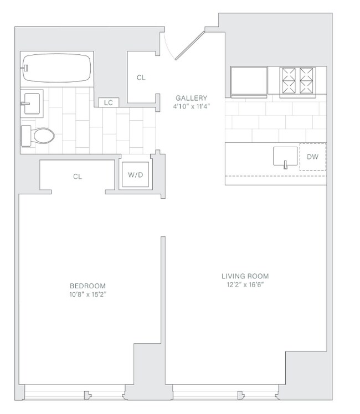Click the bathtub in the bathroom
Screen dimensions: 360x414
click(57, 69)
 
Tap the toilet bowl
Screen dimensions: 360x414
click(44, 136)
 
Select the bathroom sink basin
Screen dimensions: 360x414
click(32, 103)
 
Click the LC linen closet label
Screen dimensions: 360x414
click(109, 103)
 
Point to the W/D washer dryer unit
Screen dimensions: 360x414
click(135, 174)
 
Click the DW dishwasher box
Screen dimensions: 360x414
click(313, 157)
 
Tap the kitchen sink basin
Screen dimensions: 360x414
click(285, 156)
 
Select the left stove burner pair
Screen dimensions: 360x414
click(289, 80)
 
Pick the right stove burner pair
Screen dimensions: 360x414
click(306, 80)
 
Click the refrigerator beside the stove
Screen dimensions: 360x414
click(249, 81)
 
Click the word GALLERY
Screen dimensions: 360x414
click(192, 98)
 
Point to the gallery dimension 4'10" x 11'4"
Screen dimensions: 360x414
click(192, 107)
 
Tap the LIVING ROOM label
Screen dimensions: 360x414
click(245, 276)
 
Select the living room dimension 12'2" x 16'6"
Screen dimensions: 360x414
click(245, 284)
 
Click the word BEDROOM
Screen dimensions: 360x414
click(88, 286)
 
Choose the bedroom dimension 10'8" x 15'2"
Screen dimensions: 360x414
click(88, 294)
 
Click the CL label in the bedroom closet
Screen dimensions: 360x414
click(78, 177)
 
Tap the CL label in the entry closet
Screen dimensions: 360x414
click(141, 77)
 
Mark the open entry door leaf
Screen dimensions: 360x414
click(190, 45)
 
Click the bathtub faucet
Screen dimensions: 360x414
click(25, 68)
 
